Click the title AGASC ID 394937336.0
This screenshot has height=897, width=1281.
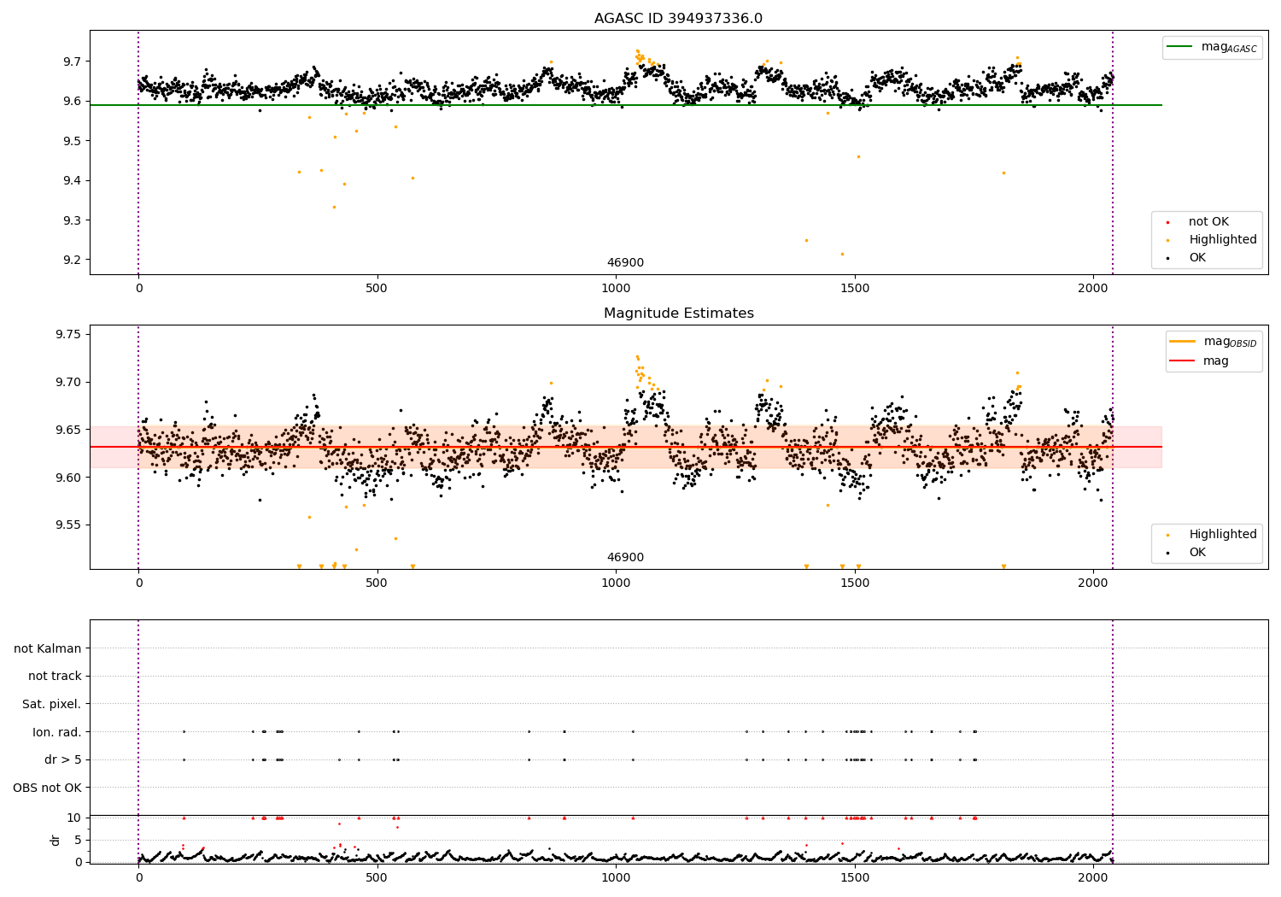coord(678,19)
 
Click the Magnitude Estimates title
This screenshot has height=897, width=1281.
coord(678,314)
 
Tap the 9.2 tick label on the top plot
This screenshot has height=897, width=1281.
coord(72,260)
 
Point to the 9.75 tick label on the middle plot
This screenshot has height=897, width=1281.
coord(68,334)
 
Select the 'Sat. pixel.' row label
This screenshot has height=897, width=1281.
coord(51,704)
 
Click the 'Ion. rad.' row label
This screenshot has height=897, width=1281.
coord(57,732)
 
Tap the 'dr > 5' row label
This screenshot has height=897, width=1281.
coord(63,759)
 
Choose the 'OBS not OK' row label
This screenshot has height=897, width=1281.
coord(48,788)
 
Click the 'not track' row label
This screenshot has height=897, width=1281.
coord(55,676)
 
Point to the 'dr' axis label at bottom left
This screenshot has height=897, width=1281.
coord(56,840)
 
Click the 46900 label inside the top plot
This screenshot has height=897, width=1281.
coord(625,263)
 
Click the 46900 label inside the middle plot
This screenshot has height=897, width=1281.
coord(625,558)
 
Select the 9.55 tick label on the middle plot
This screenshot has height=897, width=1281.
coord(68,525)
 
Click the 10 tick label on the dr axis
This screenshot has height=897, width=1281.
coord(74,818)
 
